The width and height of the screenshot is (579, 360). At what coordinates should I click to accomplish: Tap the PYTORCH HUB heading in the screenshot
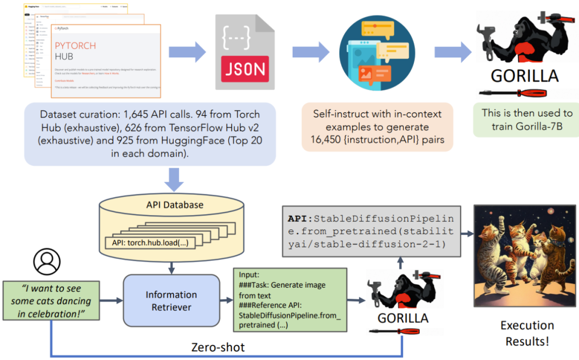[x=76, y=50]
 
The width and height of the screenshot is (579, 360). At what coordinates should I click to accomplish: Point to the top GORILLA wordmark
[x=525, y=76]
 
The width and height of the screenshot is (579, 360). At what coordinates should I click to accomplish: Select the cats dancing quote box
[x=51, y=301]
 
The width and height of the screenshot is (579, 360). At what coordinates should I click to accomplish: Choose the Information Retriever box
[x=172, y=302]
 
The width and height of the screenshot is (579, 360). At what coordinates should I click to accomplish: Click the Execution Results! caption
[x=527, y=333]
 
